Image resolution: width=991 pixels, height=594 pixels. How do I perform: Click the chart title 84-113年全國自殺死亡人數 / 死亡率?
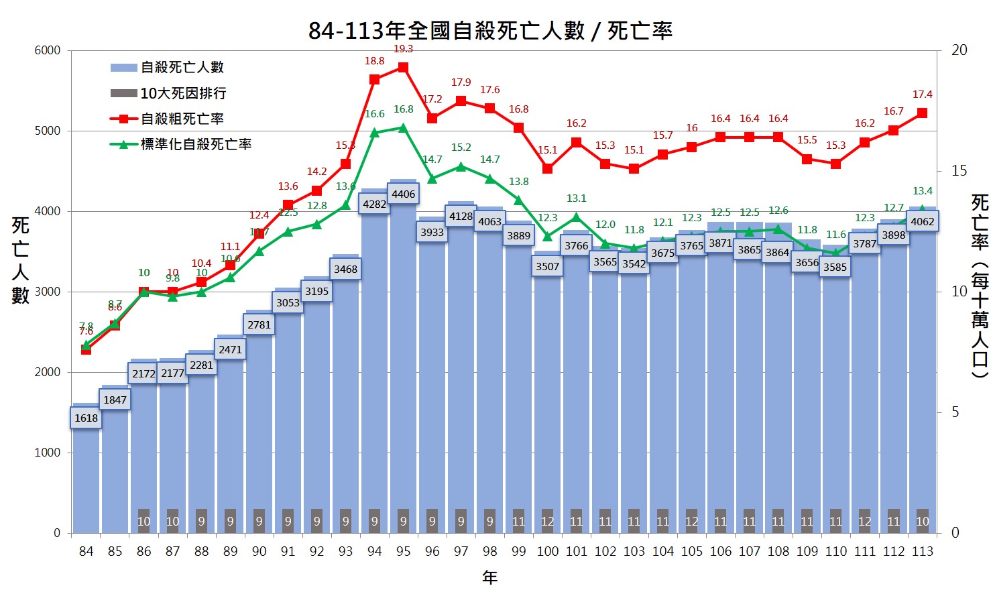point(490,31)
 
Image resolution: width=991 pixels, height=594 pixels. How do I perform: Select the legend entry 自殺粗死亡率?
point(182,119)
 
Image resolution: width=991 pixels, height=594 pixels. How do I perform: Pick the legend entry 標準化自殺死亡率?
point(196,144)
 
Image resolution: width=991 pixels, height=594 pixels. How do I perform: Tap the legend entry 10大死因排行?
point(182,93)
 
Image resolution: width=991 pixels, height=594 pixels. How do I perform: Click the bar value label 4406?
point(403,194)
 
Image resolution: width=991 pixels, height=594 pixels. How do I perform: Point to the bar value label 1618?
point(86,418)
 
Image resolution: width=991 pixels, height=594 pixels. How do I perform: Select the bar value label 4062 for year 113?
point(922,221)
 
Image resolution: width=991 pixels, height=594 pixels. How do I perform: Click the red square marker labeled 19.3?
point(403,67)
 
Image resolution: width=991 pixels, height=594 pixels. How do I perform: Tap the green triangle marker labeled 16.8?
point(403,127)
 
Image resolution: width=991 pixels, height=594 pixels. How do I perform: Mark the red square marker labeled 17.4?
point(922,113)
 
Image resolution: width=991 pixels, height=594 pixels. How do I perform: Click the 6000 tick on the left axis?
point(48,50)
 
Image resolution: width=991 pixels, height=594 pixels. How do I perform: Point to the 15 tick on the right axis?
point(959,171)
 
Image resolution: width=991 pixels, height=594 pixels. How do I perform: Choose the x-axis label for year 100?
point(547,551)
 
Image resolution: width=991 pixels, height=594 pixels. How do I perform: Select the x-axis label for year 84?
point(86,551)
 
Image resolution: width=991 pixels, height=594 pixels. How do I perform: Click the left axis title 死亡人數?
point(20,260)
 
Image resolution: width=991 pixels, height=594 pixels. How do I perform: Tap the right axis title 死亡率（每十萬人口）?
point(980,286)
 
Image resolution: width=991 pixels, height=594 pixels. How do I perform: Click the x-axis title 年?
point(490,577)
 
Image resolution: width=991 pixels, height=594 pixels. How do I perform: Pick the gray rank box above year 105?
point(691,521)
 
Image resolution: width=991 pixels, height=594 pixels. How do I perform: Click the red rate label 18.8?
point(374,61)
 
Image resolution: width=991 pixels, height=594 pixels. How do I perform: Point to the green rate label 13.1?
point(576,198)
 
